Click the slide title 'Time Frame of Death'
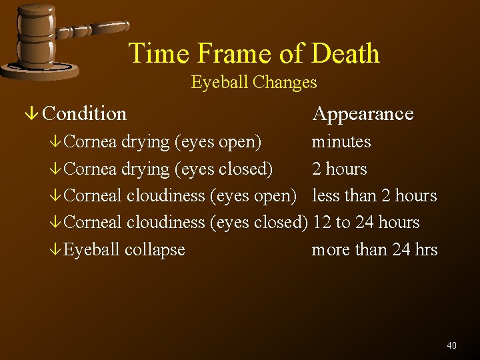[x=253, y=53]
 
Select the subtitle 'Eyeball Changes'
[x=253, y=83]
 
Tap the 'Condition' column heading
[x=84, y=114]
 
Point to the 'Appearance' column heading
[x=363, y=114]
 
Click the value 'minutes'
[x=341, y=142]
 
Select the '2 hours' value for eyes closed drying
[x=339, y=169]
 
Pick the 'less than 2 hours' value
[x=374, y=195]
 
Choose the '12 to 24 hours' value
[x=365, y=222]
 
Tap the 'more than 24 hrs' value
[x=374, y=249]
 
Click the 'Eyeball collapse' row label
[x=125, y=249]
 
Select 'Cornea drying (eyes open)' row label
[x=163, y=142]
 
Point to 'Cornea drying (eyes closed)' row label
[x=169, y=169]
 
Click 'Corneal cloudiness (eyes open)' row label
[x=181, y=195]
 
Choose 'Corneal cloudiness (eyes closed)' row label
[x=187, y=222]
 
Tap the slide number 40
[x=451, y=345]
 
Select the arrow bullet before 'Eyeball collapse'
[x=58, y=250]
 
